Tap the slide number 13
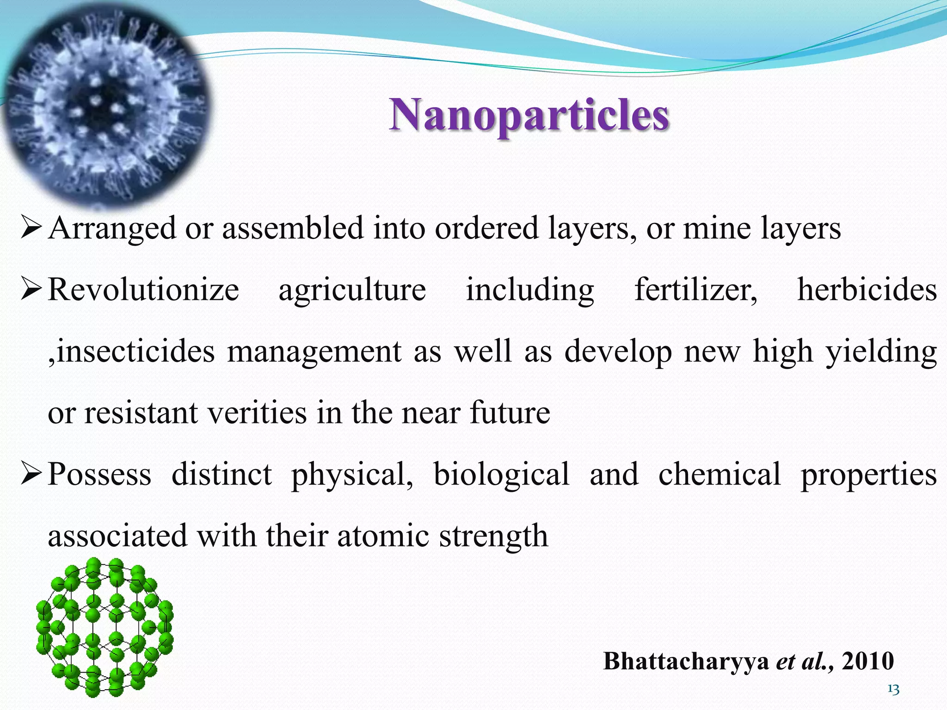pyautogui.click(x=893, y=690)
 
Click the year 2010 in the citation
pyautogui.click(x=868, y=661)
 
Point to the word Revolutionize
pyautogui.click(x=143, y=290)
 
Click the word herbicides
pyautogui.click(x=867, y=290)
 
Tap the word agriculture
pyautogui.click(x=352, y=290)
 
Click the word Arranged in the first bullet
pyautogui.click(x=112, y=228)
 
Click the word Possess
pyautogui.click(x=99, y=475)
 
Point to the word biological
pyautogui.click(x=501, y=475)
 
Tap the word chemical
pyautogui.click(x=719, y=475)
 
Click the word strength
pyautogui.click(x=493, y=536)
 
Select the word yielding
pyautogui.click(x=881, y=352)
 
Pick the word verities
pyautogui.click(x=257, y=413)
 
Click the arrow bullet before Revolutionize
pyautogui.click(x=32, y=290)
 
